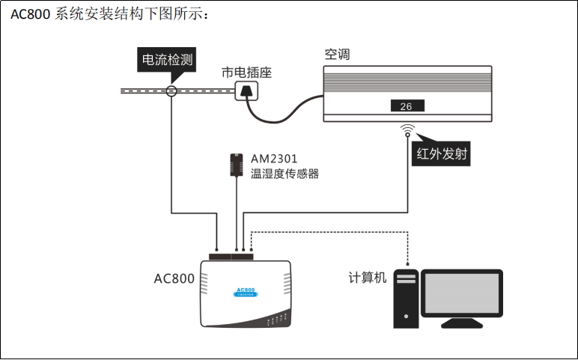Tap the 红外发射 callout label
442,154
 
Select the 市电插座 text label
246,73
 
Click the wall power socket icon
246,92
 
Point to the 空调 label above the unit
337,55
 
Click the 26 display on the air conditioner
407,106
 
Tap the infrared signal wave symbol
407,129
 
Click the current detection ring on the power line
171,91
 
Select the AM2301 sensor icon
237,165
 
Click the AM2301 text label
275,159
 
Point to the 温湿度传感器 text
285,174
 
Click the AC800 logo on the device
245,291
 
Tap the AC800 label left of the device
174,278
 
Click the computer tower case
406,298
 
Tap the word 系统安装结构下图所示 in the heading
128,14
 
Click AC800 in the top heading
31,14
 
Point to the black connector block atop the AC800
232,256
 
